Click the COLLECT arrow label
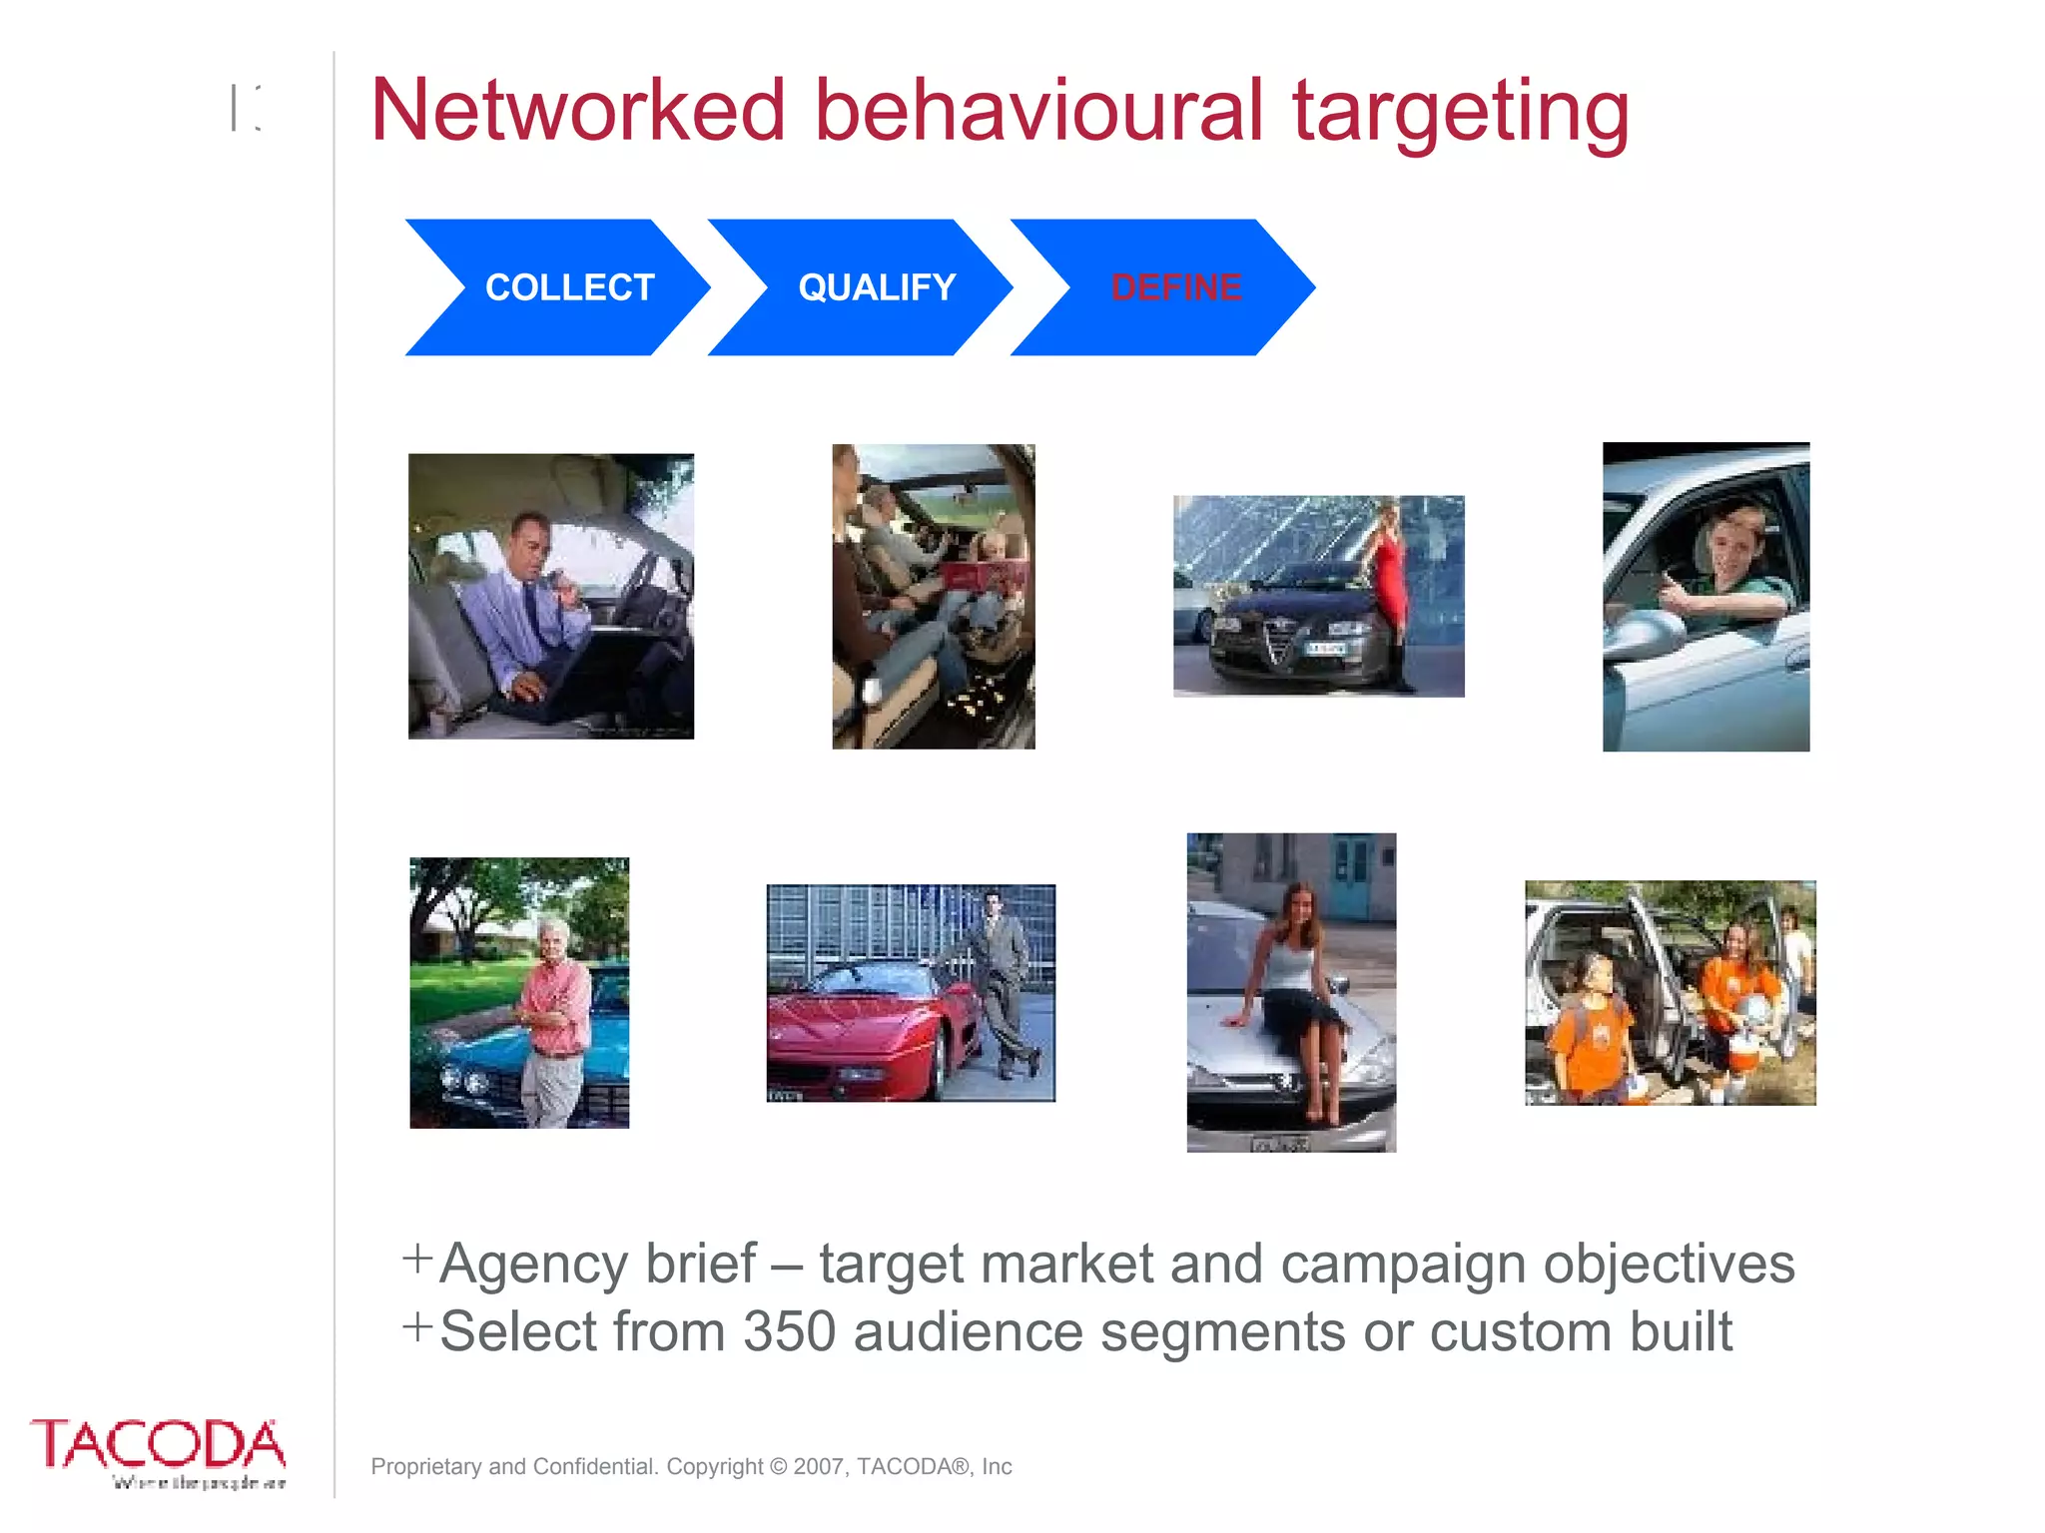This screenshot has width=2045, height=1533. click(569, 287)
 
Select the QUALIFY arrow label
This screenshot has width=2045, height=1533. click(877, 287)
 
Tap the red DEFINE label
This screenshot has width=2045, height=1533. click(1176, 287)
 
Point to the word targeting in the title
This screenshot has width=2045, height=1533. click(1460, 112)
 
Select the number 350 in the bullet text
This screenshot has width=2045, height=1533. click(789, 1331)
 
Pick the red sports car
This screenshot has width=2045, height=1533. click(869, 1028)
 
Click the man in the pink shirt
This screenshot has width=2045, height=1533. click(555, 1008)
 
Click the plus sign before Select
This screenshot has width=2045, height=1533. click(417, 1327)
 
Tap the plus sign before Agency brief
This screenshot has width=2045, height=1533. click(417, 1259)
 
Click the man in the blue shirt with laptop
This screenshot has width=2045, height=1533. click(524, 609)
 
